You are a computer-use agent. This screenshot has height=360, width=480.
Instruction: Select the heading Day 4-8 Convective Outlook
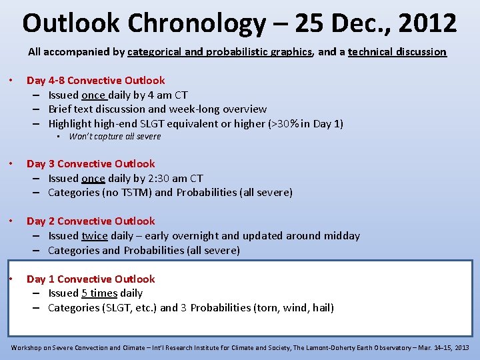click(x=95, y=80)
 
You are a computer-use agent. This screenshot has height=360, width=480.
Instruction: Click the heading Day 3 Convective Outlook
click(x=91, y=163)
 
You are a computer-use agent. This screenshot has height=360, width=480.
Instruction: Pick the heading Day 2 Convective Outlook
click(x=91, y=221)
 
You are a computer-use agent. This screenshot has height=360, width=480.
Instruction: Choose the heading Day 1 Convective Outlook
click(x=91, y=279)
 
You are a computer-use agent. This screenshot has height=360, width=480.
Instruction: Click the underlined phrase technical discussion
click(x=397, y=51)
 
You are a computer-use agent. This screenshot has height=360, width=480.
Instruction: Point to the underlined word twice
click(x=94, y=235)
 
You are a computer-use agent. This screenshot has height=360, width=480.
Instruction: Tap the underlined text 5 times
click(x=99, y=293)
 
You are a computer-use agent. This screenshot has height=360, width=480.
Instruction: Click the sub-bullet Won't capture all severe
click(x=115, y=137)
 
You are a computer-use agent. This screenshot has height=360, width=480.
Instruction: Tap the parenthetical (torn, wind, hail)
click(x=294, y=307)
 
